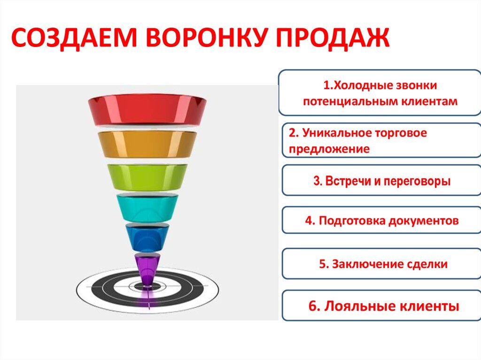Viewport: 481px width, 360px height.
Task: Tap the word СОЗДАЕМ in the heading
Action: (x=74, y=38)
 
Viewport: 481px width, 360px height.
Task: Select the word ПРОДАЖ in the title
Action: (x=333, y=38)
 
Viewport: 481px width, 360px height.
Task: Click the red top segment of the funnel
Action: (x=147, y=110)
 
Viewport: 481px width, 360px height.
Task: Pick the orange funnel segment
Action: (x=147, y=144)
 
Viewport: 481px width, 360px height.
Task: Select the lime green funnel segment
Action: (x=147, y=177)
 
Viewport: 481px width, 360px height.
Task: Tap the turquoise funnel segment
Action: (x=147, y=208)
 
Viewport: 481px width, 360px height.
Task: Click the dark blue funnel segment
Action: (x=147, y=237)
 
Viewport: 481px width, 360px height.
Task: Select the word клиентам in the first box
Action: (x=430, y=101)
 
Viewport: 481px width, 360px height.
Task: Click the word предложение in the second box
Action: (x=329, y=149)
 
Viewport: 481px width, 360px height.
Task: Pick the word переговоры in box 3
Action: (x=417, y=181)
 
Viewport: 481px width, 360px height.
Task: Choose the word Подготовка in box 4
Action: (x=351, y=221)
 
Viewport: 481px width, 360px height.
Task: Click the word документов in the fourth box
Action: (x=424, y=221)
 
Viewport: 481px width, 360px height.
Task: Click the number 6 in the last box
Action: (x=312, y=306)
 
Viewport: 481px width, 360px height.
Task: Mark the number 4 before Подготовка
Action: (x=309, y=221)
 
